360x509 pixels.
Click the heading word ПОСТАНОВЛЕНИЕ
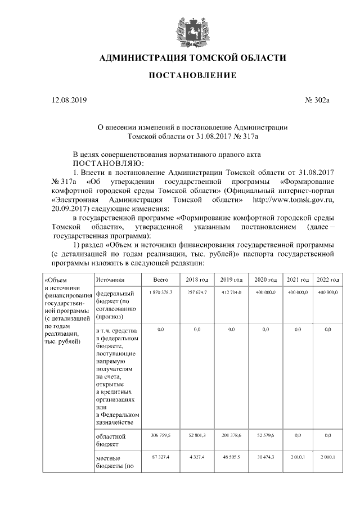point(192,75)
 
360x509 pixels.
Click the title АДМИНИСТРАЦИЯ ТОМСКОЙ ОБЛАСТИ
point(192,58)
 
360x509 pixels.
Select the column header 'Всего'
point(161,280)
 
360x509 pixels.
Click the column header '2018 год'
point(197,280)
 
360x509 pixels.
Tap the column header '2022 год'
point(327,280)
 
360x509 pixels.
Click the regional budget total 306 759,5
point(161,435)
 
